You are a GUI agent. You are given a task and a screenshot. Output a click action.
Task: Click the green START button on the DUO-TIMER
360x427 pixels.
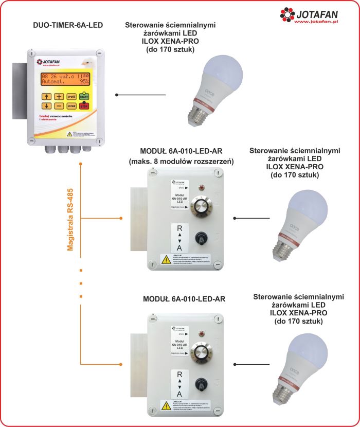pyautogui.click(x=84, y=96)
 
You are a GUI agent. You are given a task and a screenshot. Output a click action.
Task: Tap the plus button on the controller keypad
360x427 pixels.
pyautogui.click(x=59, y=96)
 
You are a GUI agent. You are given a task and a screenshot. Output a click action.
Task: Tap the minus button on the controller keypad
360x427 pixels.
pyautogui.click(x=59, y=106)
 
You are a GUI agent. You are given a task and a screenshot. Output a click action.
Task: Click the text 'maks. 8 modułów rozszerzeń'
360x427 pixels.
pyautogui.click(x=181, y=161)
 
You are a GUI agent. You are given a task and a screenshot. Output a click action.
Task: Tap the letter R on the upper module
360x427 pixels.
pyautogui.click(x=179, y=229)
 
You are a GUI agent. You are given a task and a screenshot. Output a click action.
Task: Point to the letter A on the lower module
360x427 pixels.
pyautogui.click(x=179, y=393)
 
